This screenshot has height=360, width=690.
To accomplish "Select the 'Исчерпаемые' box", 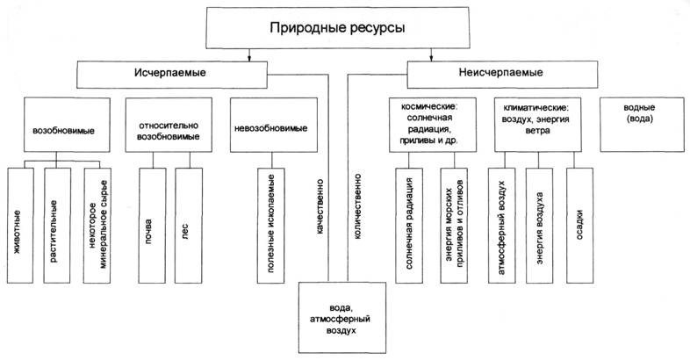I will point(170,73).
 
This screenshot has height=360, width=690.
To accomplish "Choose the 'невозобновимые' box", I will point(270,128).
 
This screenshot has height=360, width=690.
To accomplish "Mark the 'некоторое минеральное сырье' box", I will point(99,224).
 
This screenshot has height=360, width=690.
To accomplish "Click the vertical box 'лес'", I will point(188,224).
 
